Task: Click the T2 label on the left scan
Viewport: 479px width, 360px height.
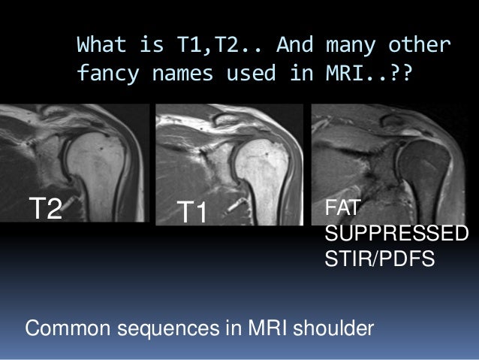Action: click(45, 208)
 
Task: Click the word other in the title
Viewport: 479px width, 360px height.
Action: click(420, 47)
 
